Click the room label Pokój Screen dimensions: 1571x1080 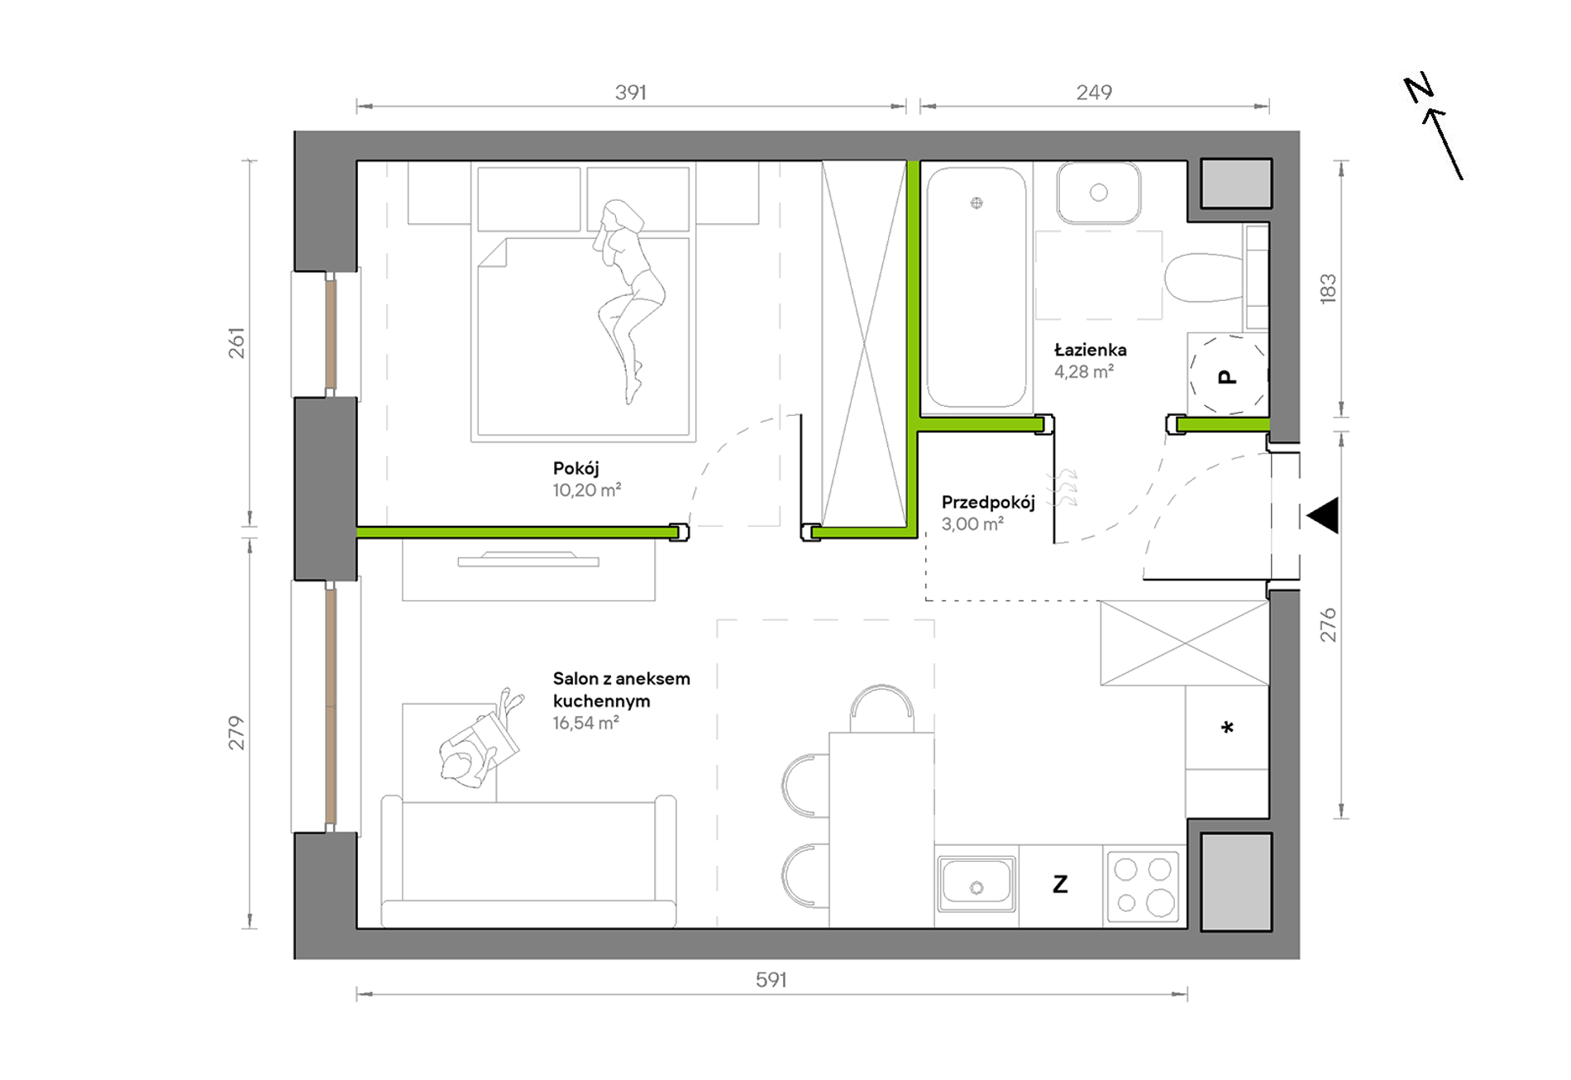[575, 469]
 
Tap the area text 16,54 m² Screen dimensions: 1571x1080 [585, 724]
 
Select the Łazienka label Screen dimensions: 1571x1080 [1090, 350]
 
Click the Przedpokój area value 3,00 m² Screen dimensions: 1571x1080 [972, 524]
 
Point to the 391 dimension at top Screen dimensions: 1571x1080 [631, 93]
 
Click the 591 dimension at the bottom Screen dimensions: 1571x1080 [771, 980]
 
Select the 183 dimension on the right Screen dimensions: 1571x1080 [1328, 289]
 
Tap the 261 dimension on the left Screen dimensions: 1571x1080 [237, 343]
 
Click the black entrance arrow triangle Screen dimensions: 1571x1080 [1323, 516]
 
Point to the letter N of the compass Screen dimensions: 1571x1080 [1419, 88]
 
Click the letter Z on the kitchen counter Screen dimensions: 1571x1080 [1060, 885]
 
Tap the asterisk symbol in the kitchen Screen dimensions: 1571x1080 [1228, 728]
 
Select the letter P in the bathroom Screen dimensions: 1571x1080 [1228, 377]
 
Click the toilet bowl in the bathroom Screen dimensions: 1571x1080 [1204, 277]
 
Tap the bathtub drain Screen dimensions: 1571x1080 [977, 203]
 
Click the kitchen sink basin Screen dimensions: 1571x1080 [977, 882]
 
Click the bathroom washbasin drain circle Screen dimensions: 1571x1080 [1099, 193]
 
